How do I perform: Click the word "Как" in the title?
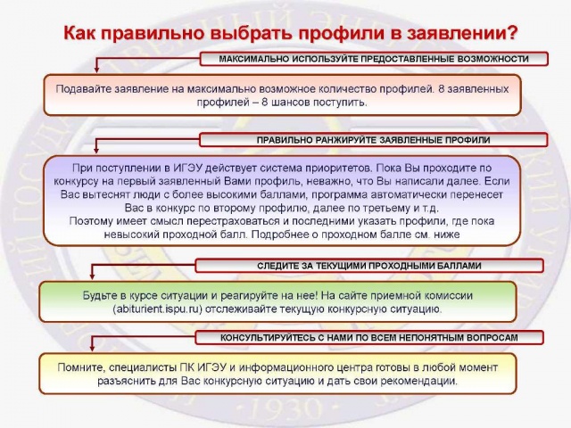coord(79,33)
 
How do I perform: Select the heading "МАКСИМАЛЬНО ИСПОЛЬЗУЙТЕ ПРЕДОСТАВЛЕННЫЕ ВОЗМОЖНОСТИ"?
coord(374,59)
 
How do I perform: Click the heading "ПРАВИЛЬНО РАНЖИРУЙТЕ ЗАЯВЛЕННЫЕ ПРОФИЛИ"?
coord(373,140)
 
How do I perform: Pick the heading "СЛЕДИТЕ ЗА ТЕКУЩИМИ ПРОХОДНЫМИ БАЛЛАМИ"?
coord(369,266)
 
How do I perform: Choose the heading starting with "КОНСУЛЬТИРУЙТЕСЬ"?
coord(368,338)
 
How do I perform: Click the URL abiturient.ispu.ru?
coord(157,309)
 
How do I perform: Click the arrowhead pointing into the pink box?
coord(96,70)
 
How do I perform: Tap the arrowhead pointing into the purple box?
coord(96,150)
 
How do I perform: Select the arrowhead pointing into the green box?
coord(92,276)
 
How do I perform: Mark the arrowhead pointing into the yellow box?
coord(92,348)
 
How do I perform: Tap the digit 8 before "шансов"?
coord(265,103)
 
